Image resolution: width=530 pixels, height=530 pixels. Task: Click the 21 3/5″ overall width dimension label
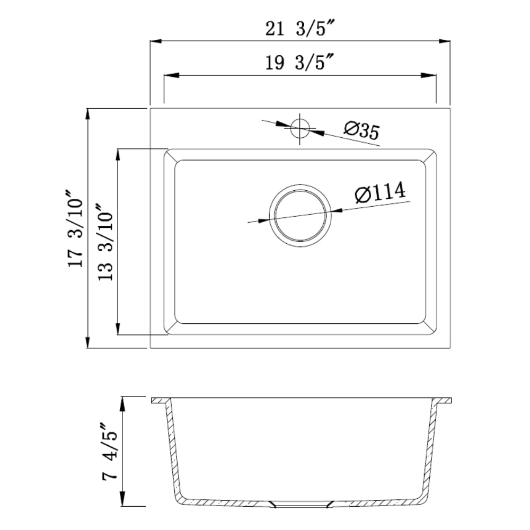[299, 28]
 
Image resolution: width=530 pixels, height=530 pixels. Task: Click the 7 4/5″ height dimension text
[110, 451]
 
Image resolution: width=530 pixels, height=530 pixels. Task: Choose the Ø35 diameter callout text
[362, 130]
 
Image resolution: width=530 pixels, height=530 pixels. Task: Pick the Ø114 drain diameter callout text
[380, 192]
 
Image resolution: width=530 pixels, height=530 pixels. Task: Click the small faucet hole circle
[300, 128]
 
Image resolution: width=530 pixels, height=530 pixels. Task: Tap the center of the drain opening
[300, 216]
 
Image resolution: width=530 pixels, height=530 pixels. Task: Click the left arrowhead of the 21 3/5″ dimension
[155, 41]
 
